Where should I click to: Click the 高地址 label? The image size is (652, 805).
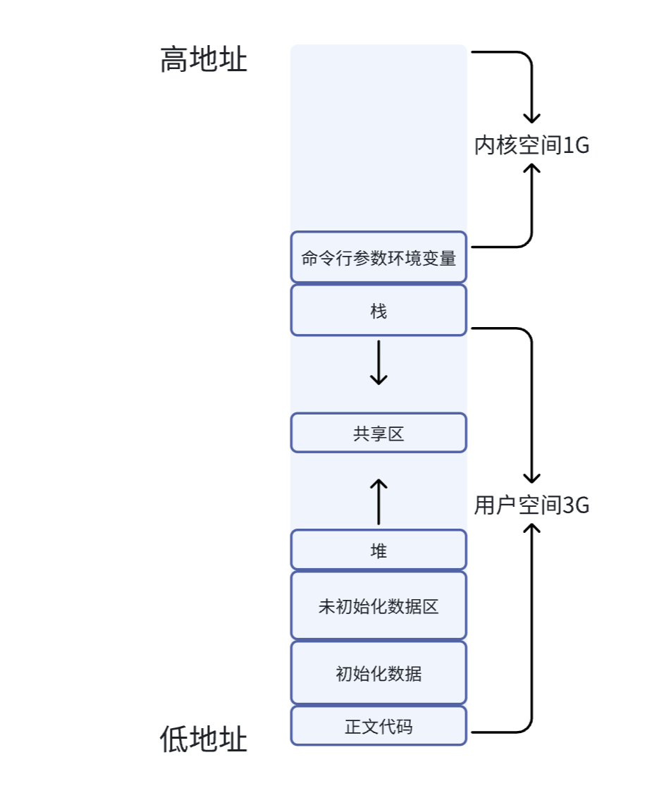tap(204, 60)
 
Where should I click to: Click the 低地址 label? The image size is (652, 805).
tap(204, 740)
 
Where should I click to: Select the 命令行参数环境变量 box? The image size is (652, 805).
tap(379, 257)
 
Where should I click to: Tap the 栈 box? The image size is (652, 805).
tap(379, 310)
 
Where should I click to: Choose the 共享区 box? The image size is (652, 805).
tap(379, 433)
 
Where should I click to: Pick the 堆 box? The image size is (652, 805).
tap(379, 550)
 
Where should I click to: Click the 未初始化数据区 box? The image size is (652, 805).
tap(379, 606)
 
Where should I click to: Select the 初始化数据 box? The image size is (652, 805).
tap(379, 672)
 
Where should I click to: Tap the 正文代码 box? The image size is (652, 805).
tap(379, 725)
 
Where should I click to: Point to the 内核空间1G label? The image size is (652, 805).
tap(531, 146)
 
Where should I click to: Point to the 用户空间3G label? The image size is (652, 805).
tap(531, 505)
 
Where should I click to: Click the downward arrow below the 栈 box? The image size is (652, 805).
tap(379, 363)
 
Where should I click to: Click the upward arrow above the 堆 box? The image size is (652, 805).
tap(379, 501)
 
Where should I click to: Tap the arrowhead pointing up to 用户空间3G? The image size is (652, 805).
tap(531, 529)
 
